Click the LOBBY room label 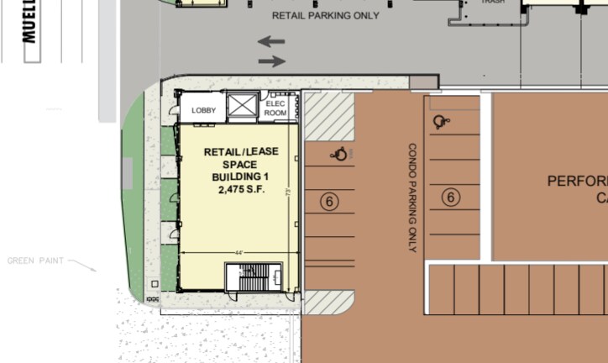click(204, 110)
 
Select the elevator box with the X click(242, 107)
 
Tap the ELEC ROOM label click(275, 108)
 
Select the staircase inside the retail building click(253, 276)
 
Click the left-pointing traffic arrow click(271, 41)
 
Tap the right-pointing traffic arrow click(271, 60)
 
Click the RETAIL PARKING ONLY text click(325, 16)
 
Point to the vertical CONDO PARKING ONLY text click(412, 197)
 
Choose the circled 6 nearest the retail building click(329, 201)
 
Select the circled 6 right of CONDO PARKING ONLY click(451, 197)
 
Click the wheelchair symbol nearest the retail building click(340, 154)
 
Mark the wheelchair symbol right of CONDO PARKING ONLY click(440, 122)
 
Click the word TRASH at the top click(492, 2)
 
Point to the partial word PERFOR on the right click(577, 181)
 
